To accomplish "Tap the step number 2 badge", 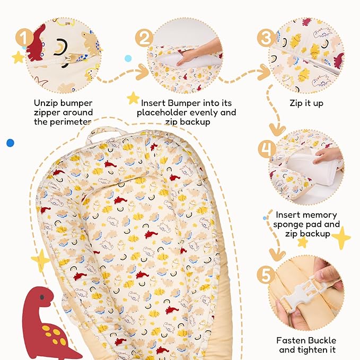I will point(143,38).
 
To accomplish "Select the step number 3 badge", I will point(266,38).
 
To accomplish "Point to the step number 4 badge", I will point(266,150).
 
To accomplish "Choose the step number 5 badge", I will point(267,276).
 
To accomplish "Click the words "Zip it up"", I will point(306,103).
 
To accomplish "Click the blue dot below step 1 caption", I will point(10,143).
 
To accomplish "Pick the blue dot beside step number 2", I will point(128,58).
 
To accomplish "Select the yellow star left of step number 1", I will point(18,57).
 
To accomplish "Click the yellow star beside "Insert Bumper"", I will point(133,98).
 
